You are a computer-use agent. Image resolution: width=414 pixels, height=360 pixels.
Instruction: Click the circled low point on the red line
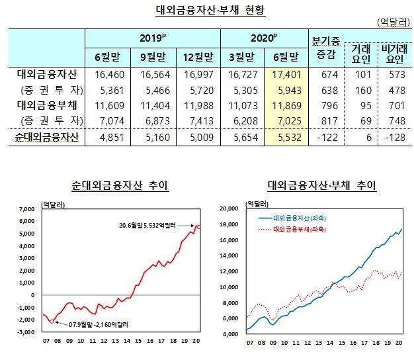pyautogui.click(x=52, y=321)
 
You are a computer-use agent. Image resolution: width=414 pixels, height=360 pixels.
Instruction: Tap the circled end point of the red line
pyautogui.click(x=200, y=226)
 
